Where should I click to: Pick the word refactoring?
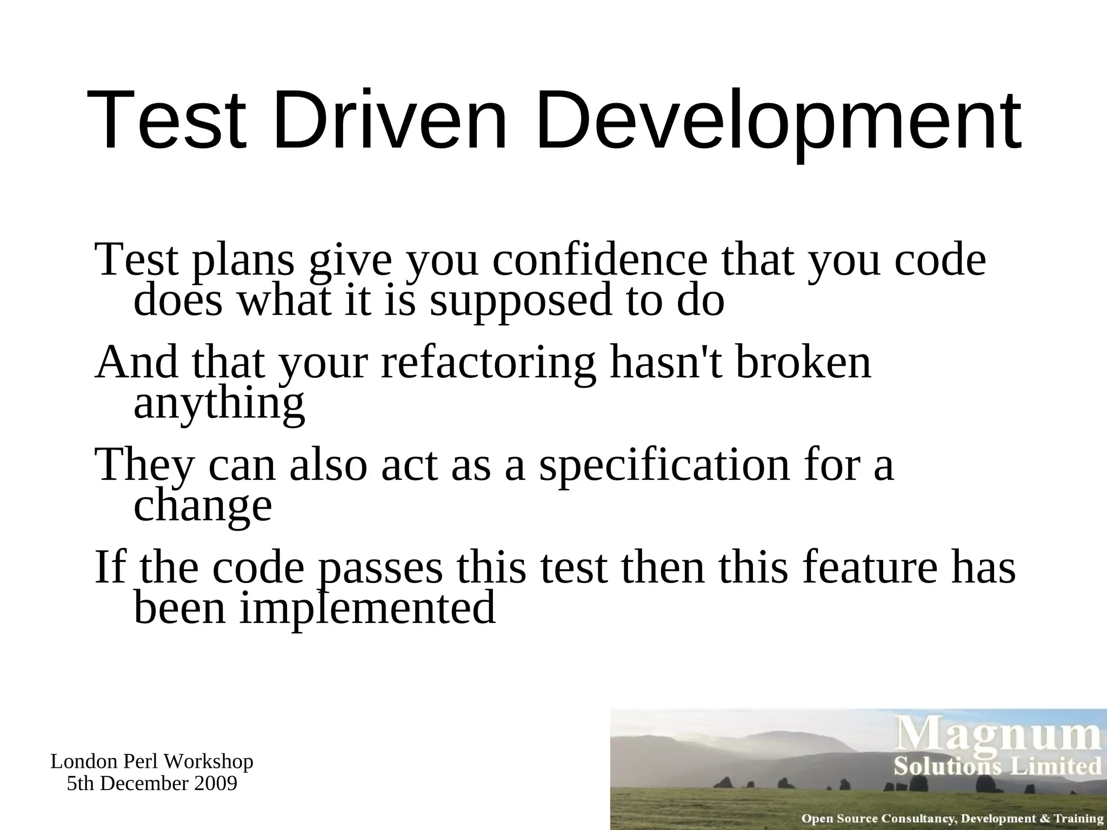coord(489,364)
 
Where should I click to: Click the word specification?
coord(664,466)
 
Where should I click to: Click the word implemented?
coord(368,608)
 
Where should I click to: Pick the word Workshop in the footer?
coord(209,762)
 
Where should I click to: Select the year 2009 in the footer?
coord(216,784)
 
